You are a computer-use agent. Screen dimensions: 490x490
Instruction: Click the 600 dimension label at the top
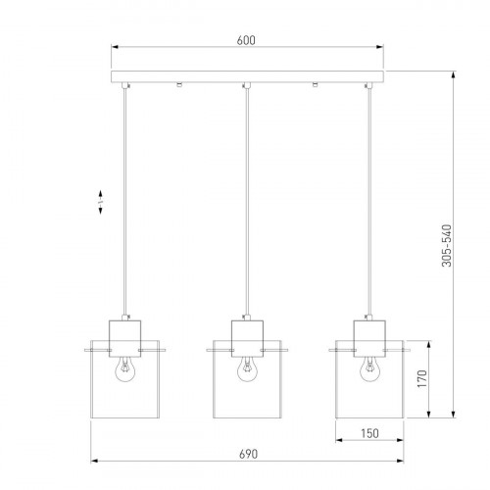pos(245,40)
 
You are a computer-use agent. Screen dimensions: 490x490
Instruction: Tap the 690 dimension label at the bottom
pos(247,455)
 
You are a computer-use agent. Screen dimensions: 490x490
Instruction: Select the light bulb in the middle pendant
pos(246,368)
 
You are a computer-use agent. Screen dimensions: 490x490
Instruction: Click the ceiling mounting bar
pos(245,76)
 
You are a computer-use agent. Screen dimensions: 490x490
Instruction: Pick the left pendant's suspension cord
pos(123,196)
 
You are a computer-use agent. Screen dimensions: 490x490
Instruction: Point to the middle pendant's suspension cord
pos(246,196)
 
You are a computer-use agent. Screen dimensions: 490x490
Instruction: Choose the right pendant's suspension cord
pos(369,196)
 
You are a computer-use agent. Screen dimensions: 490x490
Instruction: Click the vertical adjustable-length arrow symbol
pos(102,202)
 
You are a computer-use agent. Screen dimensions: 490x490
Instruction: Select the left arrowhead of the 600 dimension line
pos(113,47)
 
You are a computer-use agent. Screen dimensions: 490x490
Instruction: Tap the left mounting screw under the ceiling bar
pos(178,86)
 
